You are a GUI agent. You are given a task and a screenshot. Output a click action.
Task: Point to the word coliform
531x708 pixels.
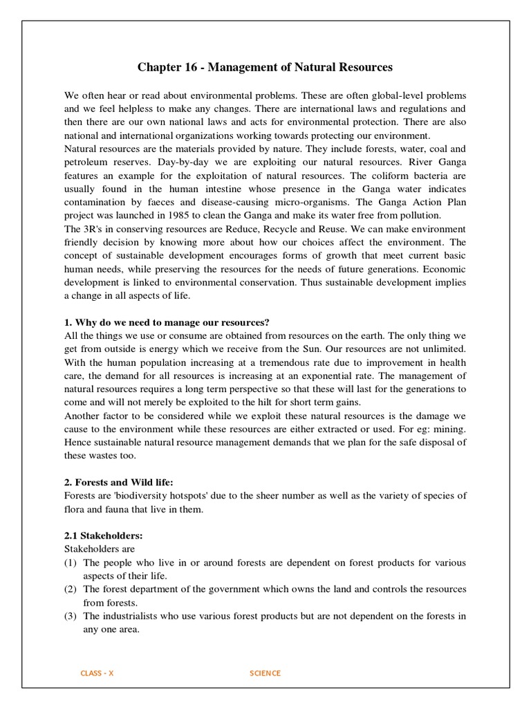(x=397, y=175)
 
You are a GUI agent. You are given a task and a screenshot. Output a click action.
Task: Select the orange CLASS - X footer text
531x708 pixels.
(x=97, y=673)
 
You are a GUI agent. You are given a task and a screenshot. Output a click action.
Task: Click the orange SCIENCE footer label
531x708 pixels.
(x=265, y=673)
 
